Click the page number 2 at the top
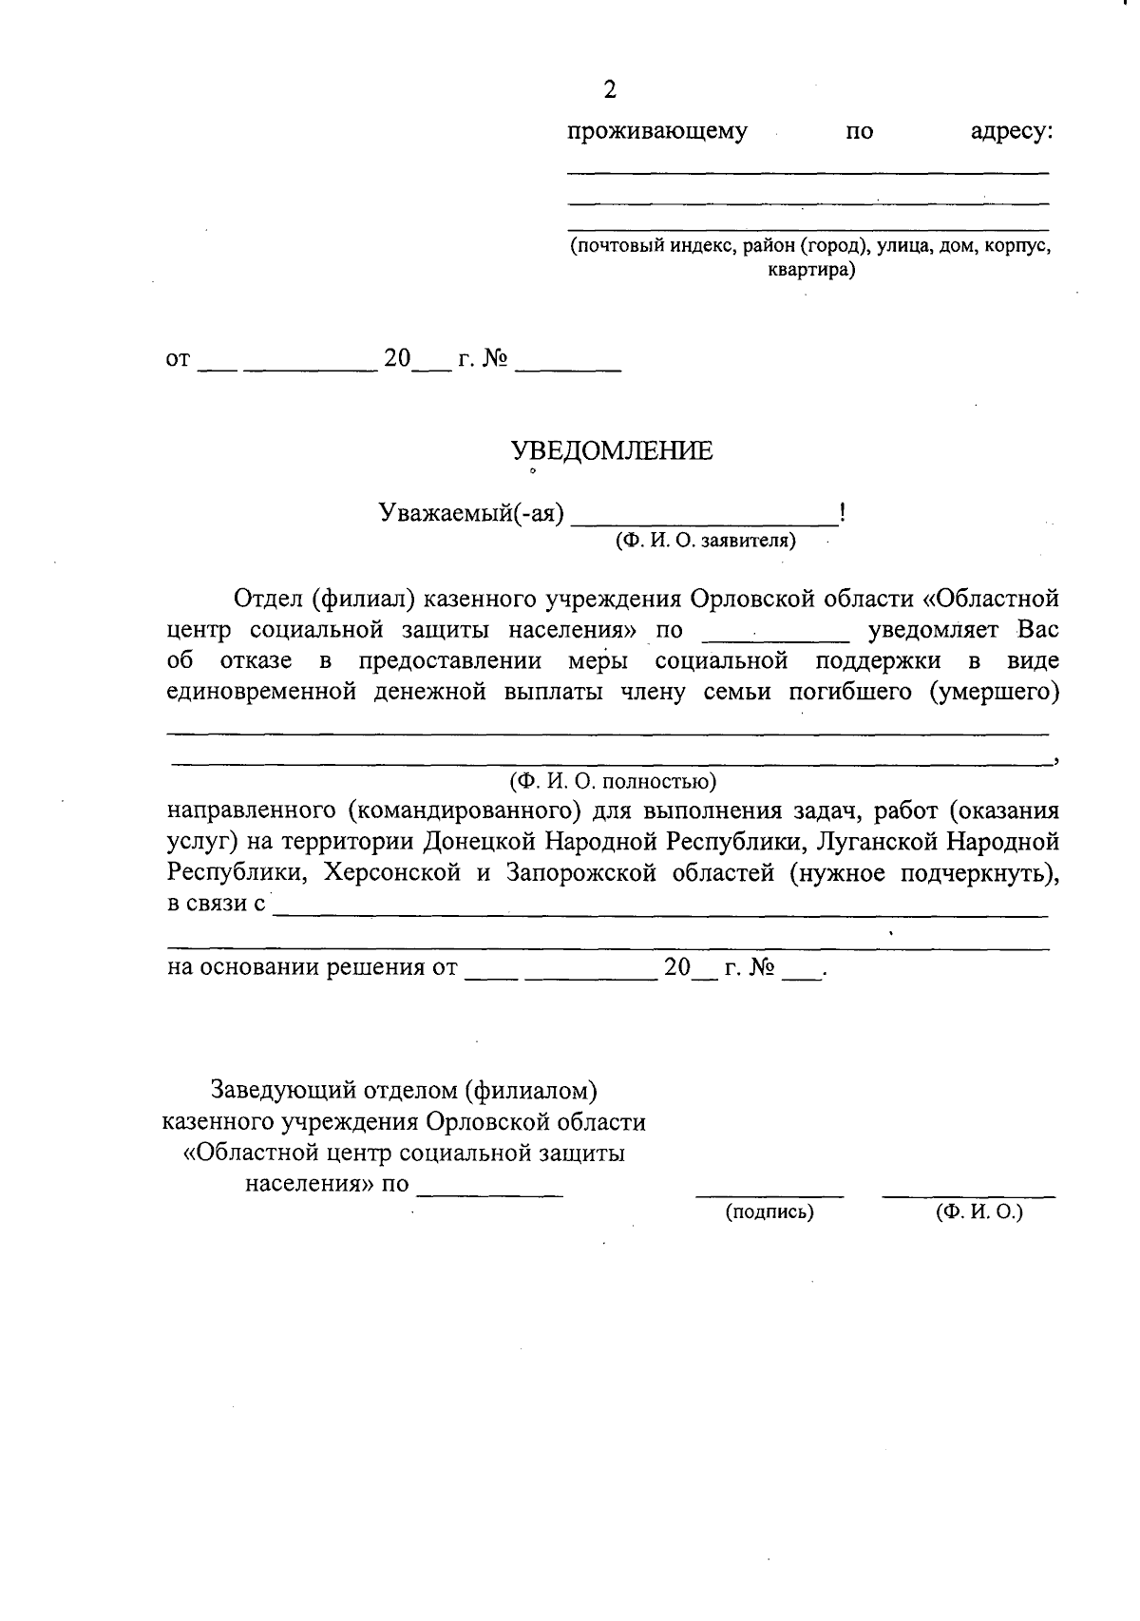click(x=610, y=90)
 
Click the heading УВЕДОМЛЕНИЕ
click(x=612, y=450)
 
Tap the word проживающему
click(x=657, y=131)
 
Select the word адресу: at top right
click(x=1011, y=131)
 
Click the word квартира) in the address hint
click(x=811, y=270)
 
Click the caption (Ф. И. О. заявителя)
click(x=705, y=541)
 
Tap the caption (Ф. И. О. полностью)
click(x=612, y=781)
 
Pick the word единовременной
click(x=261, y=691)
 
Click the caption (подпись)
click(x=769, y=1212)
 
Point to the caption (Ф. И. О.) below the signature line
click(x=978, y=1212)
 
